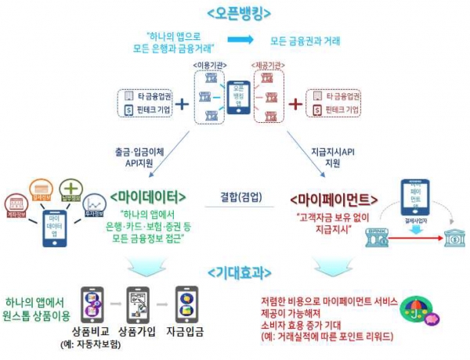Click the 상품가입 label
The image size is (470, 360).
(138, 330)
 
